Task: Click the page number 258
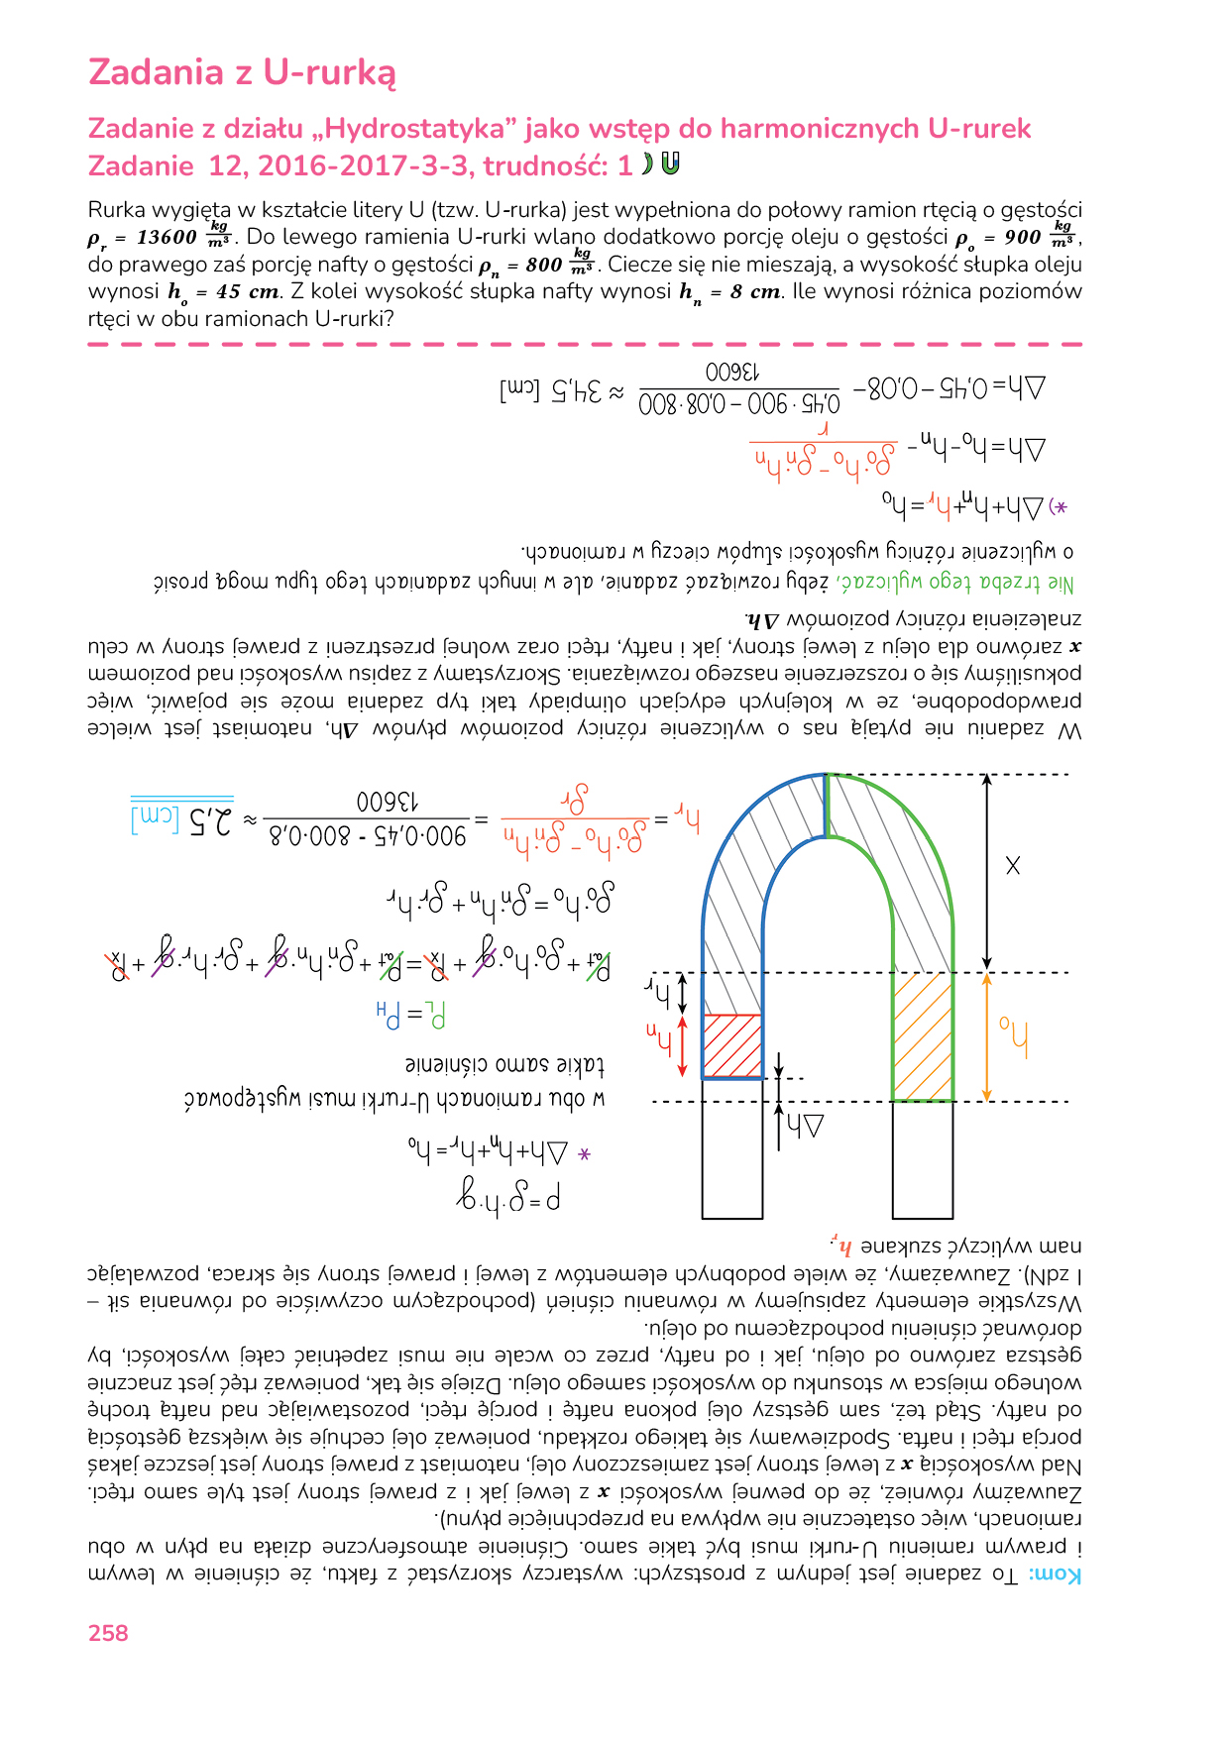[x=108, y=1634]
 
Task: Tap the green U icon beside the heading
[x=671, y=164]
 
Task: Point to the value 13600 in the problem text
[x=167, y=238]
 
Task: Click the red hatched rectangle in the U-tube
[x=731, y=1045]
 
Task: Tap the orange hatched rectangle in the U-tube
[x=923, y=1036]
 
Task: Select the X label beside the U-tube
[x=1012, y=866]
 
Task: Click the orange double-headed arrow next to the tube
[x=986, y=1036]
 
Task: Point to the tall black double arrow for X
[x=986, y=872]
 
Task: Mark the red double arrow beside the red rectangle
[x=682, y=1045]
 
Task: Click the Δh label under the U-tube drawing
[x=805, y=1127]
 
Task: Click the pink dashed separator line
[x=585, y=344]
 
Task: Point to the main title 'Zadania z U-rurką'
[x=242, y=72]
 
